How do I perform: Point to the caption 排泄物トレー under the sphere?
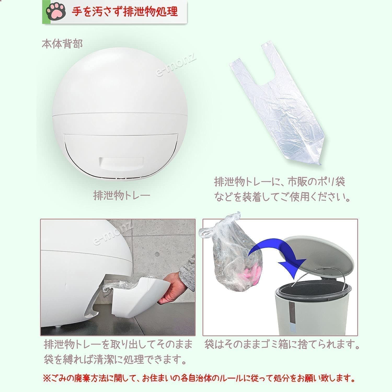122,195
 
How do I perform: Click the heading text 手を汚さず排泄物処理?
125,12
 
